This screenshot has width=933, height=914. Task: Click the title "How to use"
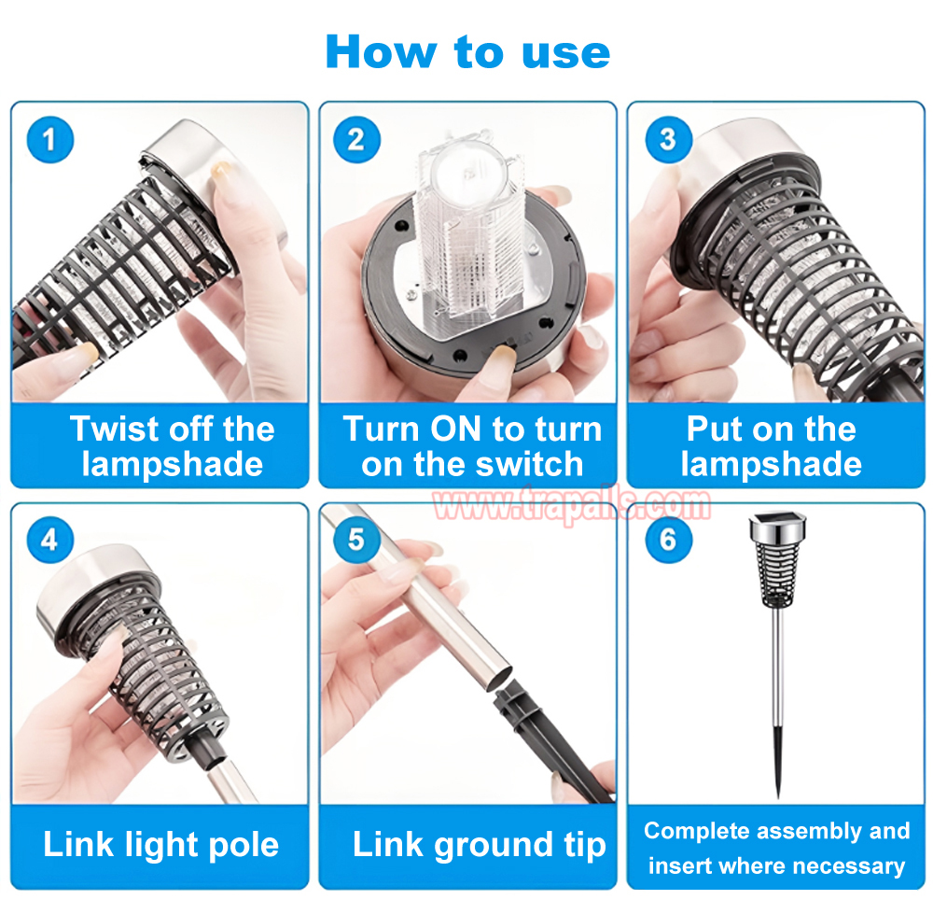tap(467, 51)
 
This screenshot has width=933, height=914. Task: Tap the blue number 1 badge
tap(50, 139)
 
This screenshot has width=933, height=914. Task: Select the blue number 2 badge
tap(356, 139)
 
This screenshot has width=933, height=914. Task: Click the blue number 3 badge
tap(669, 139)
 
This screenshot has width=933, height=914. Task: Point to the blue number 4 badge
tap(50, 540)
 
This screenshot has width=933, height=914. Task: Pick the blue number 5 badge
tap(356, 540)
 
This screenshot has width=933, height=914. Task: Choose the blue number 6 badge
tap(669, 540)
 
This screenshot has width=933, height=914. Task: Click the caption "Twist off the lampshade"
tap(172, 446)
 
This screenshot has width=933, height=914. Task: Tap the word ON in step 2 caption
tap(455, 429)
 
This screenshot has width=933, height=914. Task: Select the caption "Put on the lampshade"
tap(772, 446)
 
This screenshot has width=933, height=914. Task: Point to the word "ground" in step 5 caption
tap(494, 846)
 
